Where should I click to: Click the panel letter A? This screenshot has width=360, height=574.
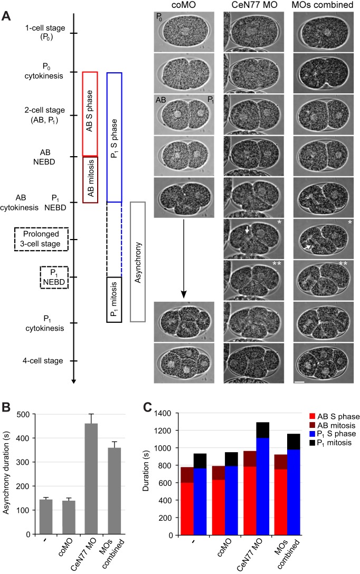7,15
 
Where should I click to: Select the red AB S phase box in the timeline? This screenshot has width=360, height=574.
90,113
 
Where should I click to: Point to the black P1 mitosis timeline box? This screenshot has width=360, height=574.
114,299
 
